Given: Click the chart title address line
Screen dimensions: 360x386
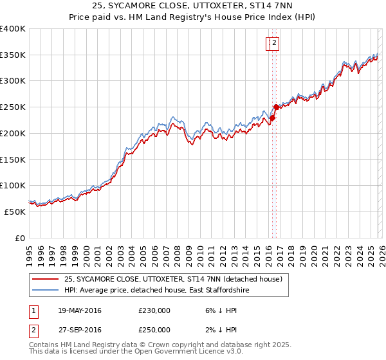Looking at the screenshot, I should (x=192, y=6).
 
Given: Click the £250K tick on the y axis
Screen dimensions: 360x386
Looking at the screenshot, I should (x=13, y=107).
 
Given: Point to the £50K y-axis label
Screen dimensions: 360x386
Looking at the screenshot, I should (x=15, y=211).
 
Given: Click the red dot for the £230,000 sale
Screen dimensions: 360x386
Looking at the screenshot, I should (x=272, y=118).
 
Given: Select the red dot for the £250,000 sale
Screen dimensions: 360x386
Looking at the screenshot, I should (x=276, y=107).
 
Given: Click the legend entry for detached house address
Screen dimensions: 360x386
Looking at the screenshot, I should (x=172, y=280).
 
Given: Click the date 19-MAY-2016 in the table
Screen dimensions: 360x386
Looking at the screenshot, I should (x=80, y=310).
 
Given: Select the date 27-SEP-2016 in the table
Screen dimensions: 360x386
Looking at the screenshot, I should (x=80, y=330).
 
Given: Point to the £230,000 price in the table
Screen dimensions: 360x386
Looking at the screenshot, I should (x=154, y=310).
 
